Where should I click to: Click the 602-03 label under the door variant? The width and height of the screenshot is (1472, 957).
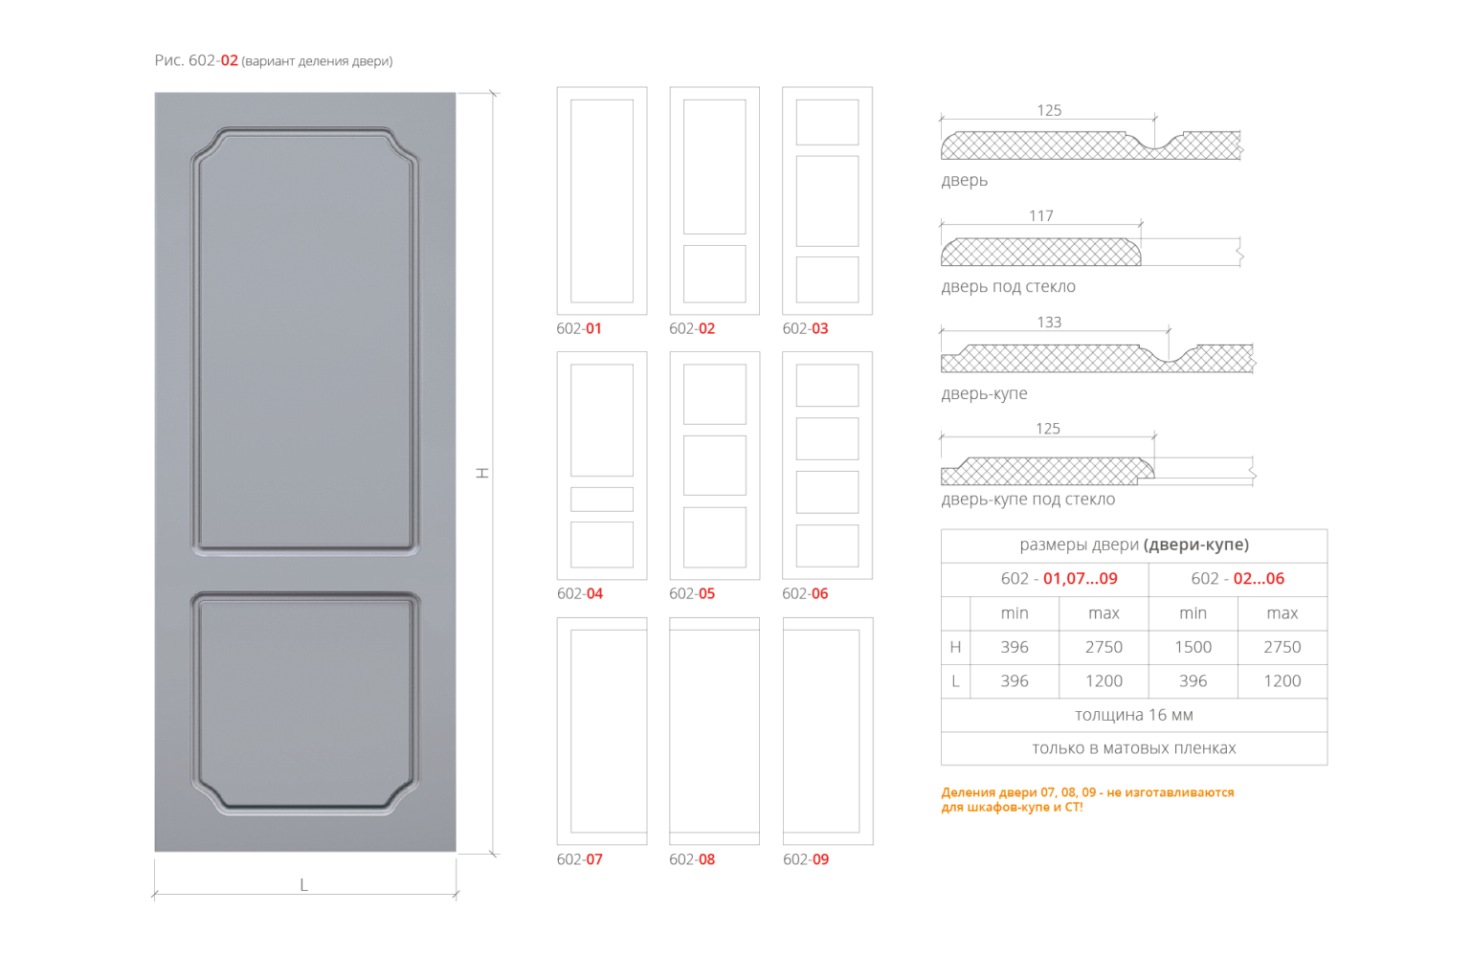pyautogui.click(x=805, y=328)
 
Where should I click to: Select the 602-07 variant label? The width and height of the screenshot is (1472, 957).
pyautogui.click(x=580, y=859)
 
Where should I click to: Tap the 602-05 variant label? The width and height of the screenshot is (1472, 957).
pyautogui.click(x=692, y=593)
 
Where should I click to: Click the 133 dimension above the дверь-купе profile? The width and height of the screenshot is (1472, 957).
pyautogui.click(x=1049, y=323)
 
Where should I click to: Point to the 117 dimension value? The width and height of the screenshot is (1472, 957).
pyautogui.click(x=1041, y=215)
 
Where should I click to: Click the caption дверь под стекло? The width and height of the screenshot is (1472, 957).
pyautogui.click(x=1008, y=286)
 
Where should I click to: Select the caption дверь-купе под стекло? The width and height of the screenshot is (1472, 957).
pyautogui.click(x=1028, y=499)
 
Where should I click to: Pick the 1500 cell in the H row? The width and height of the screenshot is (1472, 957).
pyautogui.click(x=1193, y=647)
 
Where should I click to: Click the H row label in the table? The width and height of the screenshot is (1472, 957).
pyautogui.click(x=955, y=647)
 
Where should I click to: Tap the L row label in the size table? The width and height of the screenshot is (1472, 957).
pyautogui.click(x=955, y=681)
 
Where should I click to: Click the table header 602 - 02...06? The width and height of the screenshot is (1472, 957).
pyautogui.click(x=1238, y=578)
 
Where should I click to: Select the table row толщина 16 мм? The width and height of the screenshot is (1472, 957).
pyautogui.click(x=1133, y=715)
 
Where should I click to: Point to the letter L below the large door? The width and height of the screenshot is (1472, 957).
pyautogui.click(x=303, y=884)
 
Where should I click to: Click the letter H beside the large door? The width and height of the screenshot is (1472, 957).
pyautogui.click(x=482, y=474)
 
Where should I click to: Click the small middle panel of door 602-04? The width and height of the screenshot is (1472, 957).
pyautogui.click(x=602, y=499)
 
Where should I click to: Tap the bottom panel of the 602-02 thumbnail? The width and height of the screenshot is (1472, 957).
pyautogui.click(x=714, y=274)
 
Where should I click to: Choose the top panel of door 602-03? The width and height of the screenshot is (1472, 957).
pyautogui.click(x=827, y=122)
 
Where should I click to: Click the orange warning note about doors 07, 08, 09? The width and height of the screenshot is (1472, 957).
pyautogui.click(x=1087, y=799)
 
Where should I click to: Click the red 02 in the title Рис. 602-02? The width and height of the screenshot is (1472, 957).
pyautogui.click(x=230, y=60)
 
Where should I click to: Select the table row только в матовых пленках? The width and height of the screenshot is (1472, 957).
pyautogui.click(x=1133, y=748)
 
